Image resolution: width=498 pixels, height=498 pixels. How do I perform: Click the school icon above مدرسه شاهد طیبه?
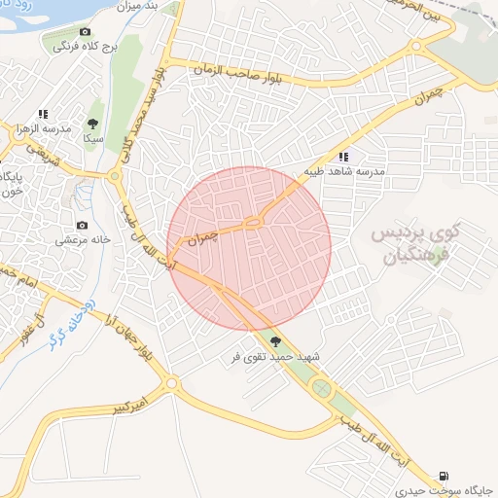coord(343,156)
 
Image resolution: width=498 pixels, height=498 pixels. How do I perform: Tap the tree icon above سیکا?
coord(92,124)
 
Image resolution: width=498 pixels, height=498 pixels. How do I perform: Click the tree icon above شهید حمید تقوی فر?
coord(277,341)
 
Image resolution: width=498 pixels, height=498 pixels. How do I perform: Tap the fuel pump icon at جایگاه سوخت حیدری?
coord(445,475)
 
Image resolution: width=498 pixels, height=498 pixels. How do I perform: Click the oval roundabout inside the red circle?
coord(253,223)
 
